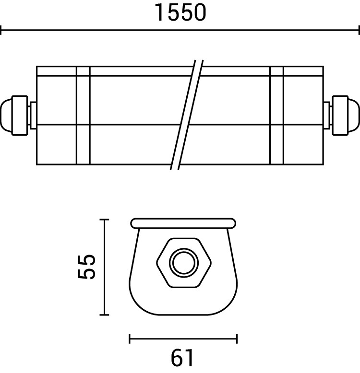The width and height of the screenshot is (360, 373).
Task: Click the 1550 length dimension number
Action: [180, 12]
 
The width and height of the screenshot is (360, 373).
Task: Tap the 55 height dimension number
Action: [86, 267]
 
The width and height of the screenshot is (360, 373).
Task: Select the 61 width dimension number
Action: [182, 358]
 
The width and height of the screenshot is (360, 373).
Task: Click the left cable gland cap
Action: [14, 116]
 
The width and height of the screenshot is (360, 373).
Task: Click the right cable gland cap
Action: [346, 116]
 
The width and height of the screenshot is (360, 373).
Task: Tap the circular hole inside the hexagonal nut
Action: [184, 263]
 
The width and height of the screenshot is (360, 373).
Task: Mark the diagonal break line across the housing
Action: [187, 115]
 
